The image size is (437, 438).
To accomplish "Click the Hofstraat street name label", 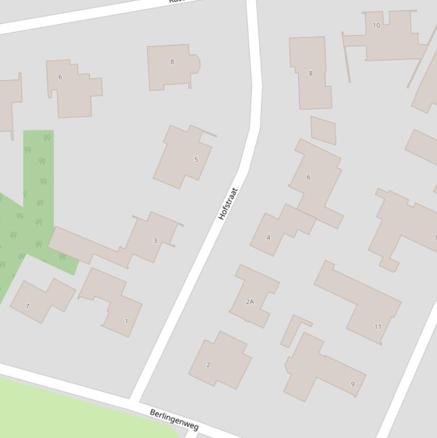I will point(228,204).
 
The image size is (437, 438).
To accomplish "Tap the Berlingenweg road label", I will point(174,419).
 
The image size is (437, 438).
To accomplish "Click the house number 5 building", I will point(183,157).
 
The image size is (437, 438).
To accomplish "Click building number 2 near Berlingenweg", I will point(220,360).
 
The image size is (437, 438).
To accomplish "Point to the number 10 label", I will point(376,26).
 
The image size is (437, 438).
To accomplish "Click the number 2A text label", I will point(249,301).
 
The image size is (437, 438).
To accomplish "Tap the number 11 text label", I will point(378,327).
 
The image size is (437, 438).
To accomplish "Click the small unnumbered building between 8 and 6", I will point(323,130).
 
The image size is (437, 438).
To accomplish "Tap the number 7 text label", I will point(27,306).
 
